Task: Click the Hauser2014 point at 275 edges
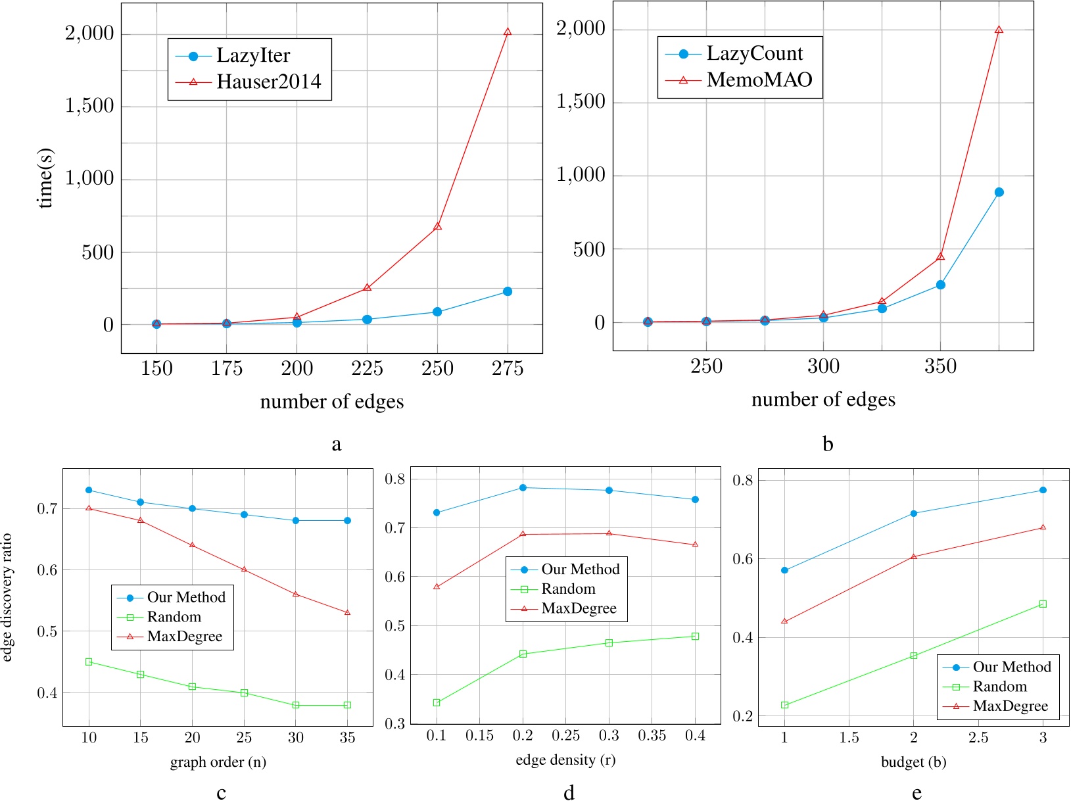(507, 32)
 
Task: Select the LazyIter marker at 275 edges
(507, 291)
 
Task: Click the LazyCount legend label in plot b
(755, 54)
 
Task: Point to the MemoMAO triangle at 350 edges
(940, 256)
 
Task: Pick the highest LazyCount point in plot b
(999, 192)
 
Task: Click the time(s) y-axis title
(45, 178)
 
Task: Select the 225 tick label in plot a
(367, 369)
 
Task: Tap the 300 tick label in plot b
(823, 366)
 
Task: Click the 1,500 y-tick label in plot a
(89, 106)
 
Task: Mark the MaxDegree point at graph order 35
(347, 612)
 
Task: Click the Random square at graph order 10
(89, 662)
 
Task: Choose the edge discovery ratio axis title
(8, 597)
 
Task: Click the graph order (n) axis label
(218, 762)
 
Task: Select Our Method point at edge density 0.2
(523, 487)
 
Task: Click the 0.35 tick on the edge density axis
(652, 736)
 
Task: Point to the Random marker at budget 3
(1043, 604)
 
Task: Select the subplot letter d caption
(569, 792)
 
